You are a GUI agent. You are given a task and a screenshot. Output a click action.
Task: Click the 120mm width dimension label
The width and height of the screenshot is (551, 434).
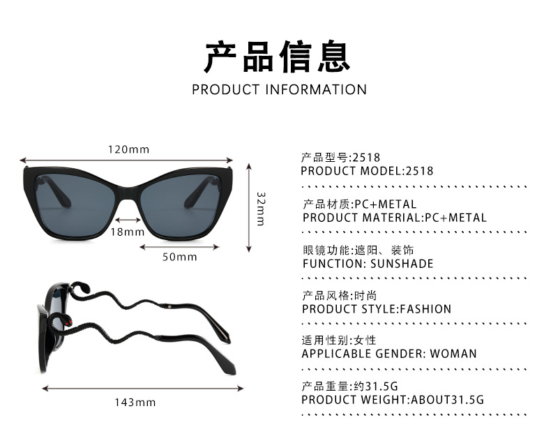click(129, 149)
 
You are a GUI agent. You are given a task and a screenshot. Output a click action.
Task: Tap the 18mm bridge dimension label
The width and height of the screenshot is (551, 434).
click(127, 232)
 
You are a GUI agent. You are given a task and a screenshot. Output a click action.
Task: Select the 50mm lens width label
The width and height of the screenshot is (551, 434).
click(180, 257)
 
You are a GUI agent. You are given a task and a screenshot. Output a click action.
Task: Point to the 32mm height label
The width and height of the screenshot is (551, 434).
click(261, 208)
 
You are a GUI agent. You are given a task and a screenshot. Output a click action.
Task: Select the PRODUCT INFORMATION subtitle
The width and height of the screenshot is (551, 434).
click(279, 89)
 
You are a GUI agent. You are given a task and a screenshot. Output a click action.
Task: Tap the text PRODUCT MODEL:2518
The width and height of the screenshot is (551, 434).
click(367, 171)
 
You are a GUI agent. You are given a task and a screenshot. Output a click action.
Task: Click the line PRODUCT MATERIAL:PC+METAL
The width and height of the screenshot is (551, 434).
click(395, 217)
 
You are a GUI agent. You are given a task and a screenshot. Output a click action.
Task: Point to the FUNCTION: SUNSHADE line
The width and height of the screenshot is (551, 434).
click(368, 264)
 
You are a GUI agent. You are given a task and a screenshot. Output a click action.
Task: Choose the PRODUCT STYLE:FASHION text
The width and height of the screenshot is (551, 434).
click(377, 308)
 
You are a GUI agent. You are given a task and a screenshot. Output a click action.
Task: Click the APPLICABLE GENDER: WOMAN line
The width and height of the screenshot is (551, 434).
click(389, 354)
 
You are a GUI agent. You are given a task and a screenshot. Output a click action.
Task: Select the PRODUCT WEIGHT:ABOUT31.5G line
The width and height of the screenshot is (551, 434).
click(393, 400)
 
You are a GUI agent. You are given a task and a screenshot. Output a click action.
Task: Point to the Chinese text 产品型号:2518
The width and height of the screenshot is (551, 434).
click(340, 158)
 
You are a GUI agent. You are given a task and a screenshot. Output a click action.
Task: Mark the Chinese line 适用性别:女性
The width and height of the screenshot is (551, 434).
click(338, 341)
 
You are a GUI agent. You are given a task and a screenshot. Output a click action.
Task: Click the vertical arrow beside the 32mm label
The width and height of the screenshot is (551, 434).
click(249, 208)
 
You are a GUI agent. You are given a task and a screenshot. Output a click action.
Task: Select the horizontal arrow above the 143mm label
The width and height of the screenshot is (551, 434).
click(143, 387)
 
